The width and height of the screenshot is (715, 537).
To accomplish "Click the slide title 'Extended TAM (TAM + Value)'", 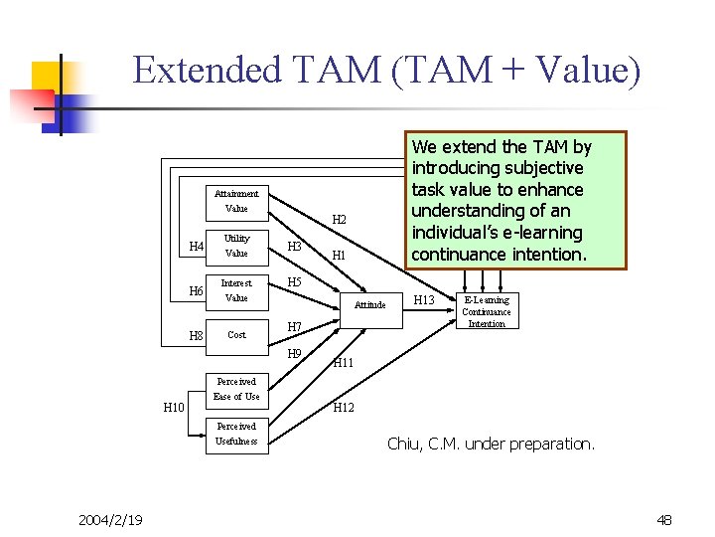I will click(386, 71).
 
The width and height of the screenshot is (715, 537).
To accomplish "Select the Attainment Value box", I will click(236, 201).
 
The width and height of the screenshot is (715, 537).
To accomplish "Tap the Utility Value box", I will click(236, 246).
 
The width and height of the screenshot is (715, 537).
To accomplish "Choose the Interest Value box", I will click(236, 290).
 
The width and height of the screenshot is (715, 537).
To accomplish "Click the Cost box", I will click(236, 335).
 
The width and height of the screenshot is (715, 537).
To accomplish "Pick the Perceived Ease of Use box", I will click(236, 389).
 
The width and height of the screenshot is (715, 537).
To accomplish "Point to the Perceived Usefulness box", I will click(236, 434).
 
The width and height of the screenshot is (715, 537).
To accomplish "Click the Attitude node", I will click(370, 304).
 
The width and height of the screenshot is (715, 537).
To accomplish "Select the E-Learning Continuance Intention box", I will click(487, 311).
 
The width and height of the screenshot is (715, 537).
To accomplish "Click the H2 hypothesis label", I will click(339, 219).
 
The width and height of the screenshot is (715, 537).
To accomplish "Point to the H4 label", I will click(197, 247).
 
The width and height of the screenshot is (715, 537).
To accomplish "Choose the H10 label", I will click(173, 406).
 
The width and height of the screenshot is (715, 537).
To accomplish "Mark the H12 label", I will click(344, 408).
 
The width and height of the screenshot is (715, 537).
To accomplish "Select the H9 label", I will click(294, 354).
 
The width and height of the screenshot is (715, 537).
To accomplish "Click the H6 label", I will click(197, 291).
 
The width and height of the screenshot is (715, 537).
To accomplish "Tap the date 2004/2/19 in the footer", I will click(110, 519).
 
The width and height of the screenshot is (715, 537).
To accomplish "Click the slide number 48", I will click(664, 519).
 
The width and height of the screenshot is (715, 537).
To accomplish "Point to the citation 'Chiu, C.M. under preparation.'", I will click(491, 444).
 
